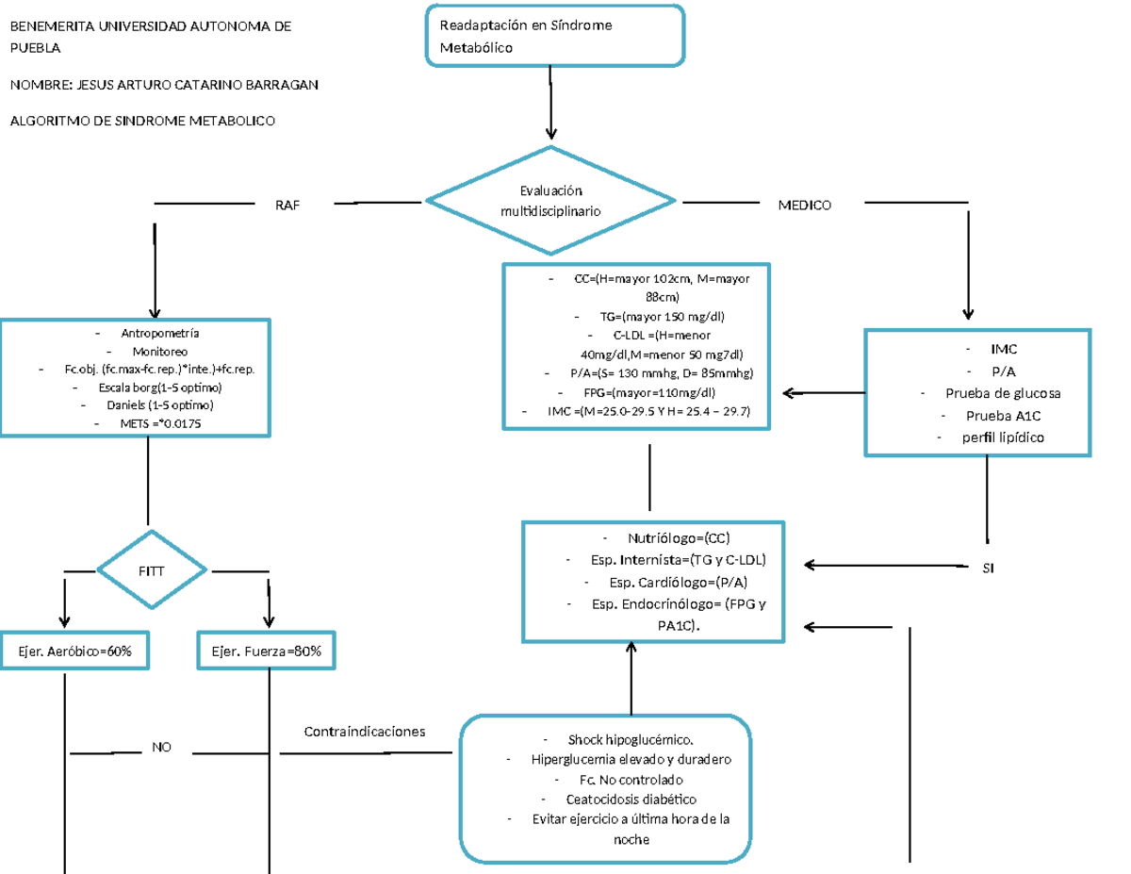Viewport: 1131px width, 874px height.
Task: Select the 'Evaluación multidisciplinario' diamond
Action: pos(550,200)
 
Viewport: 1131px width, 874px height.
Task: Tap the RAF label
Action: pos(287,205)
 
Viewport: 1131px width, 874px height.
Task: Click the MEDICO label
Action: pos(804,205)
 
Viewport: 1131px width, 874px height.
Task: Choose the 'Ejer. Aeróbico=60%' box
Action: pos(75,651)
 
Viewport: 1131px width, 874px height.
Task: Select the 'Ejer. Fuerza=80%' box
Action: pos(266,651)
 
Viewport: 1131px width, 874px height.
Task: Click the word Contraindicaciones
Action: pos(364,732)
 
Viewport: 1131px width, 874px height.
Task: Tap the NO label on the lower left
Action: pos(162,748)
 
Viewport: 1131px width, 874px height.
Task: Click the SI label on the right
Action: pos(988,569)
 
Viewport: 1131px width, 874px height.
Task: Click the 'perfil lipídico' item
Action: pos(1003,437)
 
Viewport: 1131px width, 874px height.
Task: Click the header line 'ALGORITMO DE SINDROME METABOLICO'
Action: pos(141,121)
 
